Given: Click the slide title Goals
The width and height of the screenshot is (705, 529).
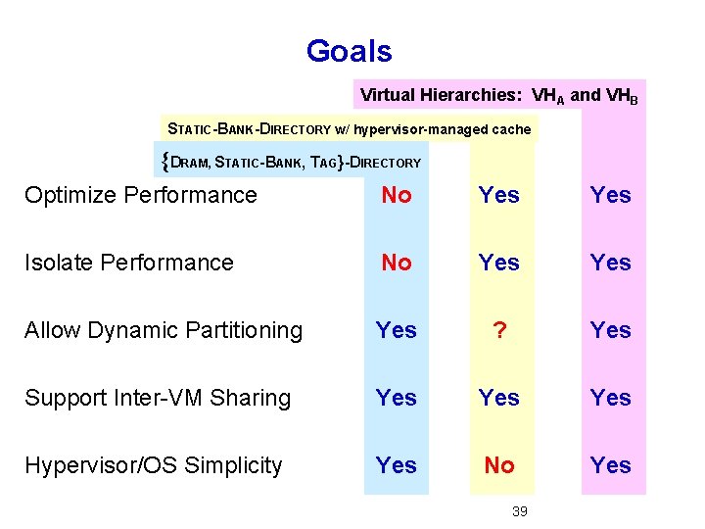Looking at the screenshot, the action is coord(349,51).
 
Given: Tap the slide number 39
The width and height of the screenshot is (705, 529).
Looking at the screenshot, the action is coord(520,510).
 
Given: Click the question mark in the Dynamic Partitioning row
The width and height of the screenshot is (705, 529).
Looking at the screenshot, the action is coord(499,330).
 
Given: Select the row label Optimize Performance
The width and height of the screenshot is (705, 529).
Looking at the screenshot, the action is coord(141,195).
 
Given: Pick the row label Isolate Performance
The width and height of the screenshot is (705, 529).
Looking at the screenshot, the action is coord(129,263).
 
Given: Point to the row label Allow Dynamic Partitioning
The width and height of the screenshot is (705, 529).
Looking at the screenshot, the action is coord(164,330).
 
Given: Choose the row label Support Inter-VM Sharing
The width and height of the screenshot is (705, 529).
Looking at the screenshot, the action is coord(158,398).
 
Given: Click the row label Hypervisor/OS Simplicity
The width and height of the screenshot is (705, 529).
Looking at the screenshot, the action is coord(154,465).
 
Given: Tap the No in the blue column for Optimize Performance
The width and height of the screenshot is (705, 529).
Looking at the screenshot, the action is coord(397,195).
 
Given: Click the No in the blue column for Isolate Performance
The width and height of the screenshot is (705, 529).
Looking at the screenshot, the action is coord(397,263).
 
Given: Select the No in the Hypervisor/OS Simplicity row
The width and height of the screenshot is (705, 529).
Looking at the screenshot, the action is coord(499,465).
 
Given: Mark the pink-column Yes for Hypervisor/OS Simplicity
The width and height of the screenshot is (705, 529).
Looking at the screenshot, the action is coord(611,465).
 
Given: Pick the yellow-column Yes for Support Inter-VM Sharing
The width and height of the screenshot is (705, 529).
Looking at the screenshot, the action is coord(499,398).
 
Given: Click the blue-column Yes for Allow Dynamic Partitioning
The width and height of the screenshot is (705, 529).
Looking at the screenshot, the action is coord(397,330).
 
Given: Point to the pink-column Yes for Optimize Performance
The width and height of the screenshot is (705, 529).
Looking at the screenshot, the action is coord(611,195).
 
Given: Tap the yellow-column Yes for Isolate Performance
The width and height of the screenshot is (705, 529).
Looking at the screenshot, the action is coord(499,263).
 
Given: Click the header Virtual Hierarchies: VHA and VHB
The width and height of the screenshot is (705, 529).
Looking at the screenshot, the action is coord(499,96).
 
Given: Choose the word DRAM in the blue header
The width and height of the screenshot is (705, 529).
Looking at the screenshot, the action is coord(190,163).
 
